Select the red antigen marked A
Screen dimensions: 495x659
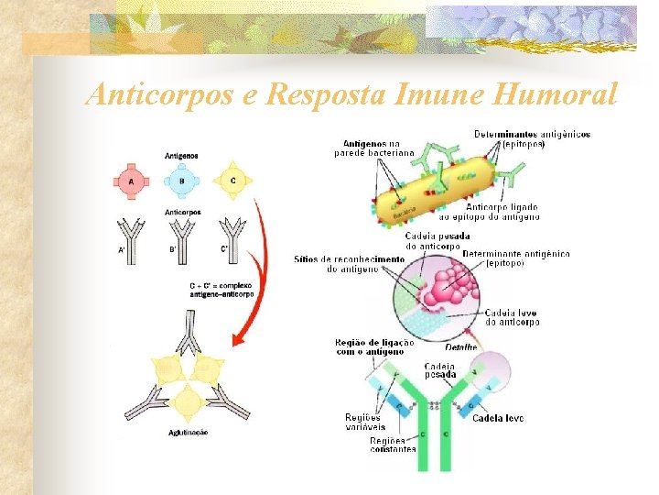pos(132,181)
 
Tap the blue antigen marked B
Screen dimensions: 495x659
pos(181,181)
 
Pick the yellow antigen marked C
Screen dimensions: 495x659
pos(232,181)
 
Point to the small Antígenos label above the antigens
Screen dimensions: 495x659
pos(181,156)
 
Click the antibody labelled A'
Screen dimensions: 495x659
pos(132,236)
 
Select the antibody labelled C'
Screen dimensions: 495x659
pos(233,236)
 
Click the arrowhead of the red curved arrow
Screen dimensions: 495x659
pos(237,341)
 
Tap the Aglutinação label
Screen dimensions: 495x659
pos(188,432)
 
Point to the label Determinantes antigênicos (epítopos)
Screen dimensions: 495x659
pos(532,138)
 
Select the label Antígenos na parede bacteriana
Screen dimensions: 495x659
pos(373,148)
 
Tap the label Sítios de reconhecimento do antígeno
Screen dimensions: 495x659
pos(349,264)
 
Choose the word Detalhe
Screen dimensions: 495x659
pos(461,347)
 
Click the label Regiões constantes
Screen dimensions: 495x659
pos(393,445)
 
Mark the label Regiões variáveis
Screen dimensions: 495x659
pos(364,422)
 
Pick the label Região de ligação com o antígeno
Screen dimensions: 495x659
pos(375,346)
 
